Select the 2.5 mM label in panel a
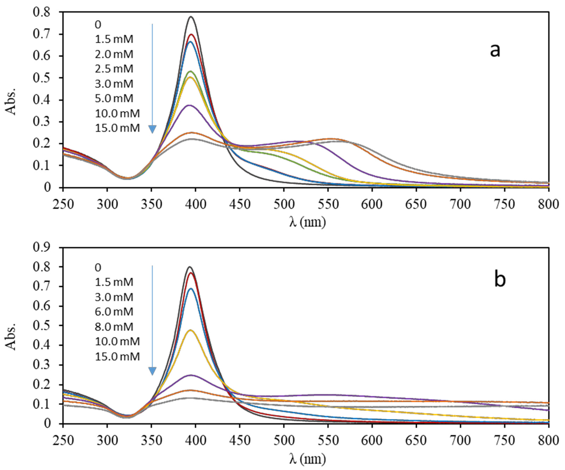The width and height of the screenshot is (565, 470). pos(114,69)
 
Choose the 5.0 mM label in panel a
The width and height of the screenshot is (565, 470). pos(114,98)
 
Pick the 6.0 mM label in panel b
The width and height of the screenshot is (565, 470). pos(114,312)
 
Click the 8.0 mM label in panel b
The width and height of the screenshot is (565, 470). pos(114,327)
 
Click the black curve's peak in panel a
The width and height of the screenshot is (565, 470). pos(191,17)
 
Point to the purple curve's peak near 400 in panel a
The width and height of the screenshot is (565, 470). pos(189,105)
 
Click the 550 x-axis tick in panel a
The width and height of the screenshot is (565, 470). pos(328,204)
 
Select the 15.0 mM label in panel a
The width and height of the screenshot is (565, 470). pos(117,128)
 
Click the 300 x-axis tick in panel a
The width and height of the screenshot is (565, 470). pos(107,204)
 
